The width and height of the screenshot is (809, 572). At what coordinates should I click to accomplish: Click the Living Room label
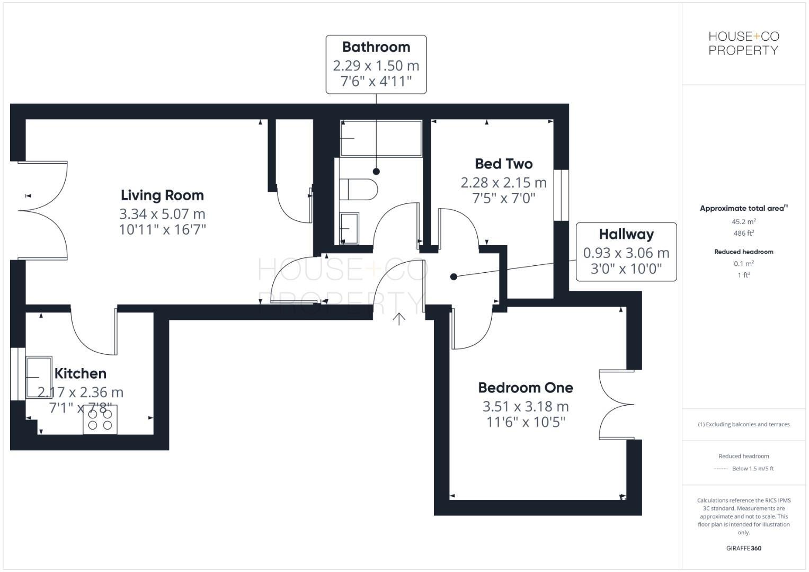point(162,195)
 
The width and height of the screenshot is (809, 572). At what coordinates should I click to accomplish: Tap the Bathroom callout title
point(376,47)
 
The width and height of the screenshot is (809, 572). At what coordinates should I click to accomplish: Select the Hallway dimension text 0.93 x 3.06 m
point(626,253)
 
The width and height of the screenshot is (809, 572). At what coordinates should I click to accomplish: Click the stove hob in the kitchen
point(100,419)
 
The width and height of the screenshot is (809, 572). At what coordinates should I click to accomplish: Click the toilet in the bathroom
point(358,189)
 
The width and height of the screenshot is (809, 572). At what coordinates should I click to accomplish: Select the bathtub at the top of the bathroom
point(381,138)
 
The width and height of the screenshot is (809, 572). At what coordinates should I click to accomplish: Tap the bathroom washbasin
point(349,228)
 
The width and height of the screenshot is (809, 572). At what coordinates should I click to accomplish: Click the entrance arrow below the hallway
point(399,318)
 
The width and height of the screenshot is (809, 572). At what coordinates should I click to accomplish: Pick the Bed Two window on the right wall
point(561,195)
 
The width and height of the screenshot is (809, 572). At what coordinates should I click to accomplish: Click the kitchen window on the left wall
point(17,374)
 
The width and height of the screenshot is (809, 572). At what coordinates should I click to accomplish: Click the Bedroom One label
point(526,388)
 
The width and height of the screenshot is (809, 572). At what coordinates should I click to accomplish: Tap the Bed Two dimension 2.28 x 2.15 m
point(503,183)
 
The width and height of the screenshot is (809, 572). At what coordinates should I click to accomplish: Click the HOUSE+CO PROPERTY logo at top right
point(743,43)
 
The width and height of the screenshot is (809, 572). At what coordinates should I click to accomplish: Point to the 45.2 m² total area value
point(743,222)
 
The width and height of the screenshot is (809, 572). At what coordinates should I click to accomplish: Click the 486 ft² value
point(743,233)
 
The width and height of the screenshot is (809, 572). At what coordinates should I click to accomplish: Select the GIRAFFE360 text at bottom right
point(743,548)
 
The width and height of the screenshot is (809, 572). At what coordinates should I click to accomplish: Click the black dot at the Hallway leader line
point(454,276)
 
